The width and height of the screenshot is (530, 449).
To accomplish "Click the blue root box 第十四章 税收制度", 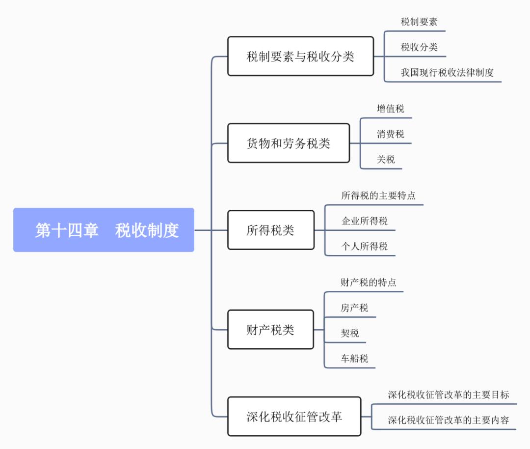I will pos(104,230).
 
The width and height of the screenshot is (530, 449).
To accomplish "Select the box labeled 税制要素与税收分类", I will pos(300,56).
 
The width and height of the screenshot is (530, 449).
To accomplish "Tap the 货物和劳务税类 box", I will pos(289,143).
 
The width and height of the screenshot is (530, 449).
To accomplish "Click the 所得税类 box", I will pos(270,230).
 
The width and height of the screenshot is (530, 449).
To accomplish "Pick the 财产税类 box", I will pos(270,330).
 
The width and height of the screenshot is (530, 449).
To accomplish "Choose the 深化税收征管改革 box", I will pos(294,417).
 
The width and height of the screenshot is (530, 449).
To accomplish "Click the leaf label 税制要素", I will pos(419,22).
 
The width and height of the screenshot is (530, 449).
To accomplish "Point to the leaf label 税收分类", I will pos(419,47).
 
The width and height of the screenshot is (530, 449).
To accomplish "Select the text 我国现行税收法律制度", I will pos(447,73).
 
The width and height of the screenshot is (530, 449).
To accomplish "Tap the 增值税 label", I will pos(391,109).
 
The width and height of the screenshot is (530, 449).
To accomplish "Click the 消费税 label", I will pos(391,134).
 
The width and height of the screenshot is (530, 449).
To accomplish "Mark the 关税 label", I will pos(386,160).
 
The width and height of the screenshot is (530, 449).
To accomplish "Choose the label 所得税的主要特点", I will pos(378,195).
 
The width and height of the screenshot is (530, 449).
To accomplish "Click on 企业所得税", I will pos(365,221).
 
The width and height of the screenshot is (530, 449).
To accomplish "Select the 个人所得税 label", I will pos(365,246).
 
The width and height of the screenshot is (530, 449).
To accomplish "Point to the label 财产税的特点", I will pos(369,282).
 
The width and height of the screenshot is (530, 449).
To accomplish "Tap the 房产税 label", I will pos(354,308).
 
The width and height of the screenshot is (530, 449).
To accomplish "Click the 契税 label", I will pos(350,334).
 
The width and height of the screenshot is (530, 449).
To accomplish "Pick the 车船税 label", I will pos(354,359).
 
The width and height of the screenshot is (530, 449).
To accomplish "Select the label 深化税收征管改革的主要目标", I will pos(449,394).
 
